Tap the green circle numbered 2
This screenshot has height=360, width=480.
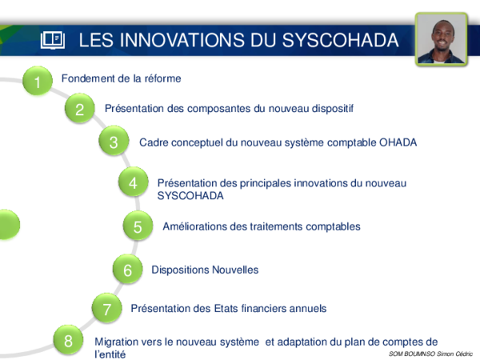tap(79, 110)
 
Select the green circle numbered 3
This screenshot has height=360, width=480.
tap(114, 142)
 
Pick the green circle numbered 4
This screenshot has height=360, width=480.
tap(132, 183)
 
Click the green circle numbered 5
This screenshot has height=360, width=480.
tap(138, 227)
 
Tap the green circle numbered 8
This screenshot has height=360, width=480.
tap(69, 342)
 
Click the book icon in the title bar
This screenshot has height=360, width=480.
tap(53, 40)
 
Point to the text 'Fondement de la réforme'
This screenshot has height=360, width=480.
tap(122, 78)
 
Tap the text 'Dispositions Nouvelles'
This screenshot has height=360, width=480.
tap(205, 270)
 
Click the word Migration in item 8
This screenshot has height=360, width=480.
tap(118, 342)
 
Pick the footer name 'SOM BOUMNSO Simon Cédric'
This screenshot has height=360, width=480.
tap(430, 353)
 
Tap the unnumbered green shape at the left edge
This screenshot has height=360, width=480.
tap(8, 225)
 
